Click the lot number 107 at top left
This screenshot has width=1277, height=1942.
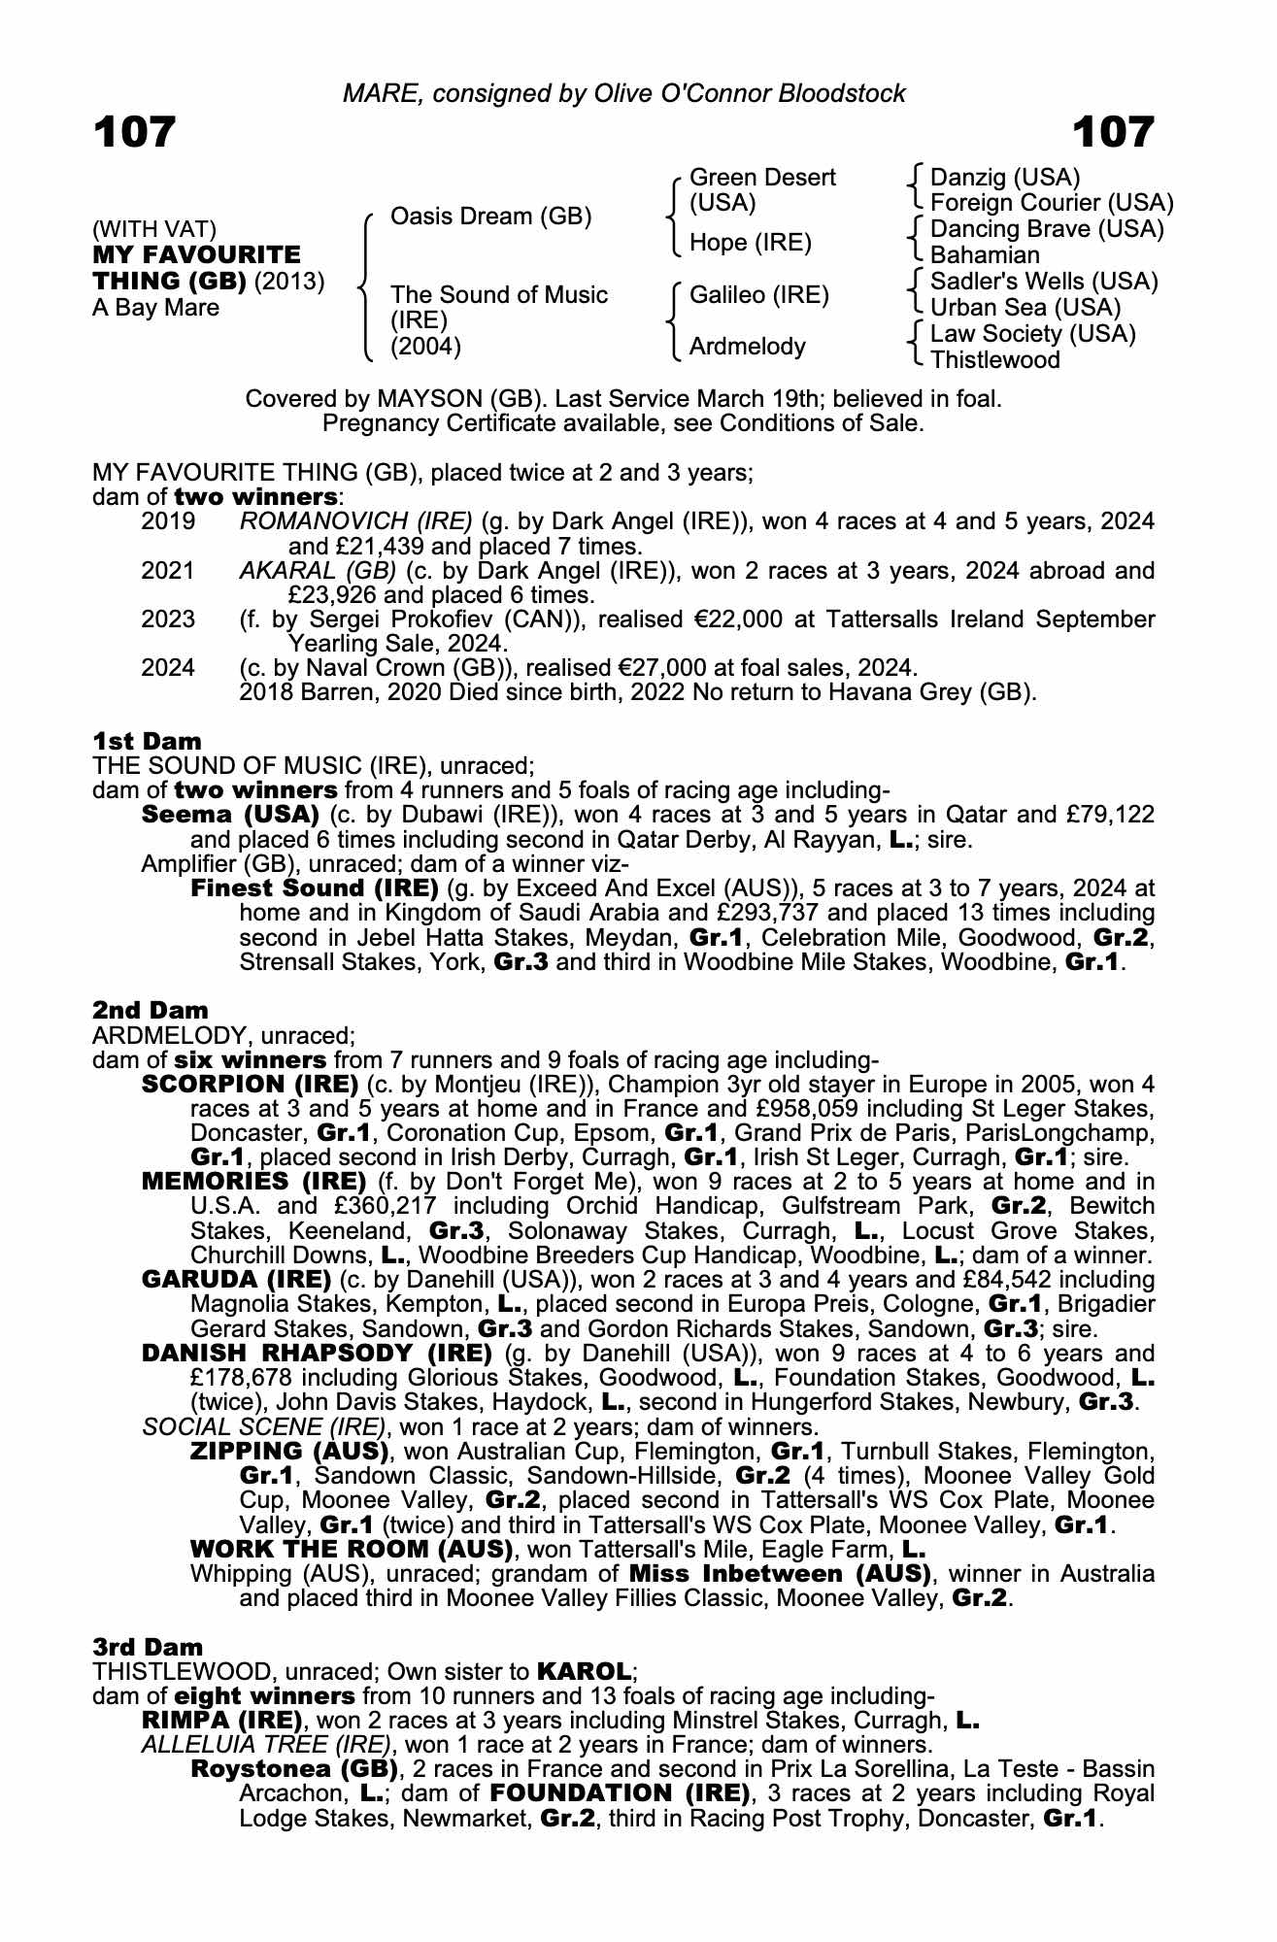coord(134,132)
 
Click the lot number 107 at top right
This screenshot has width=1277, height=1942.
coord(1114,132)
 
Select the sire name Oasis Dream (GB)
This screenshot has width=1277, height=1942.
coord(490,216)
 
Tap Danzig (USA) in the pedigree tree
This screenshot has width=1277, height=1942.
coord(1005,178)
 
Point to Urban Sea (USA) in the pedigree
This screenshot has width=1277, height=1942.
coord(1025,308)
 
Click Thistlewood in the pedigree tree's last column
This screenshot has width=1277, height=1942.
coord(995,360)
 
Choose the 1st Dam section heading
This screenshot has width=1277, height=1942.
coord(147,742)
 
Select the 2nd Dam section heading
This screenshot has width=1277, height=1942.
coord(150,1011)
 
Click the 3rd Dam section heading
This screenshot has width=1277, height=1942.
coord(148,1647)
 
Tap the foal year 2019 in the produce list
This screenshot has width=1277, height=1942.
coord(168,521)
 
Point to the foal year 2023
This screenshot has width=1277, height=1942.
coord(168,619)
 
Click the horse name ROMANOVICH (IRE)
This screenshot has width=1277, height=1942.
coord(355,521)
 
